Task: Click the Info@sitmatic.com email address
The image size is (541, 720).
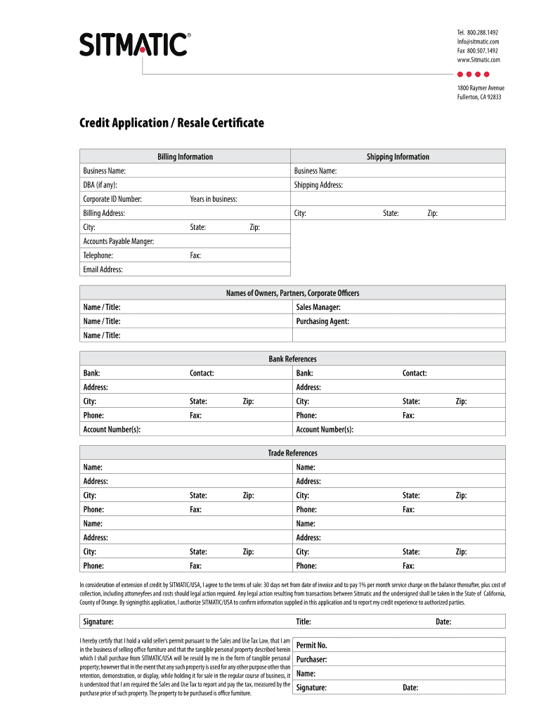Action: pyautogui.click(x=478, y=42)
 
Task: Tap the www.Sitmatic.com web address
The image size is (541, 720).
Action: pyautogui.click(x=478, y=60)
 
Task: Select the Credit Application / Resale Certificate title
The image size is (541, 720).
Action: pyautogui.click(x=171, y=123)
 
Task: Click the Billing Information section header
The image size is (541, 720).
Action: pyautogui.click(x=185, y=157)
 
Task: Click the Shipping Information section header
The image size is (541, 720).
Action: pyautogui.click(x=398, y=157)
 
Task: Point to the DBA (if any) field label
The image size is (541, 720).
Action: pyautogui.click(x=100, y=185)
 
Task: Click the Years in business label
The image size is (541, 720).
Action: pyautogui.click(x=213, y=199)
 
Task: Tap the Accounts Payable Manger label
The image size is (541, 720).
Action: pyautogui.click(x=118, y=241)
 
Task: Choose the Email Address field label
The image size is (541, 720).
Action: pyautogui.click(x=103, y=269)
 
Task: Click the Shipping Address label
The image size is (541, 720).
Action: pyautogui.click(x=319, y=185)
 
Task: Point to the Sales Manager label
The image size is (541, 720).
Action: pyautogui.click(x=318, y=307)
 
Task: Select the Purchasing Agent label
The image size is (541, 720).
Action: pyautogui.click(x=322, y=321)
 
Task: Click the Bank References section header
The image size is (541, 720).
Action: pyautogui.click(x=292, y=359)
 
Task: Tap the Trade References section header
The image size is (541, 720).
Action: pyautogui.click(x=292, y=454)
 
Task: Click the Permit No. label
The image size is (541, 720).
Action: pyautogui.click(x=311, y=645)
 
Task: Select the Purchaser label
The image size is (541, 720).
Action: pyautogui.click(x=311, y=660)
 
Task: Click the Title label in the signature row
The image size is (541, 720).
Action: pyautogui.click(x=304, y=622)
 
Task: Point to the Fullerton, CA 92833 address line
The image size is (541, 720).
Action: pyautogui.click(x=479, y=97)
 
